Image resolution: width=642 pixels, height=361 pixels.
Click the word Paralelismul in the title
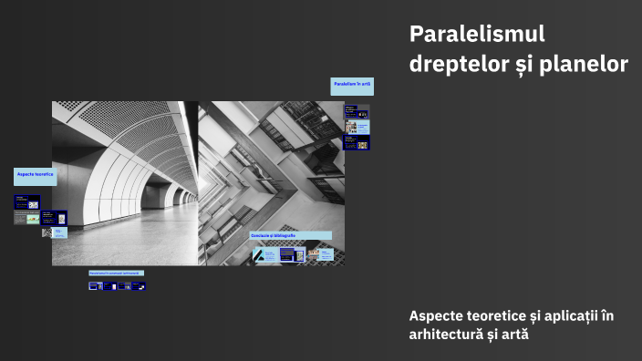[477, 35]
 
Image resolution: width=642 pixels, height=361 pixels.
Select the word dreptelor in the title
[453, 65]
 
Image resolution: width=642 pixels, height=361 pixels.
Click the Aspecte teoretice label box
[35, 174]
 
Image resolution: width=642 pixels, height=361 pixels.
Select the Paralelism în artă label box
[352, 86]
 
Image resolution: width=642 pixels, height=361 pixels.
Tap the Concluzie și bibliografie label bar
[290, 235]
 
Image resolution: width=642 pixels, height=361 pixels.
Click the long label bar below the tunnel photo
[116, 273]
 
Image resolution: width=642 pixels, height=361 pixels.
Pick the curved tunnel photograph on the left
[125, 182]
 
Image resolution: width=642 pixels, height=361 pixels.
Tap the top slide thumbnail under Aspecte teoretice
[26, 202]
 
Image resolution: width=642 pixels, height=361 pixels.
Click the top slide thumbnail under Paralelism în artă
[356, 112]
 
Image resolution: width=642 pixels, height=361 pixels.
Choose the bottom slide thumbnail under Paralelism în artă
[356, 143]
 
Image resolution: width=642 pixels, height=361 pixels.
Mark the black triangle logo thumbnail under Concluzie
[264, 255]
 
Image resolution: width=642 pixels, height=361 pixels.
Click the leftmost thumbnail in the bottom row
[94, 286]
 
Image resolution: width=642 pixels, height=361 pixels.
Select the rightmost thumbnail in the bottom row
[138, 286]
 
